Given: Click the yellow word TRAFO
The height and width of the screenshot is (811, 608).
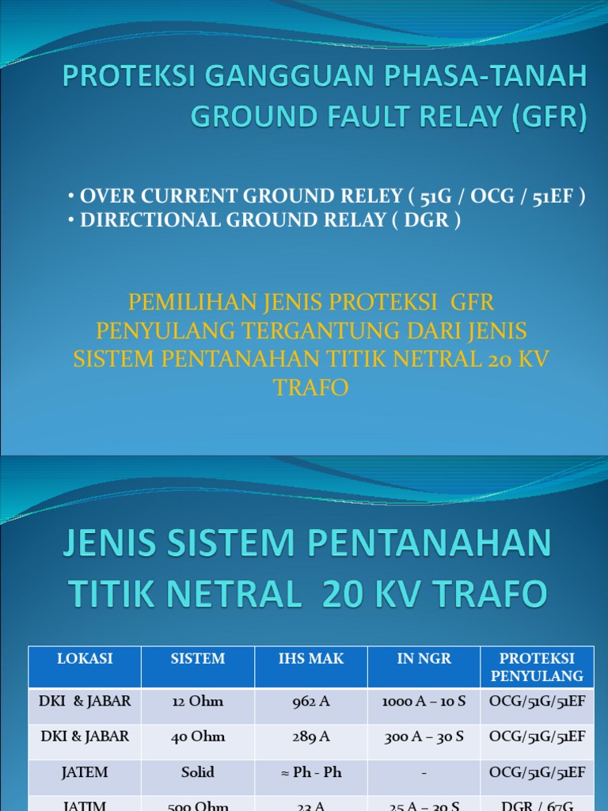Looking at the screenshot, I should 310,388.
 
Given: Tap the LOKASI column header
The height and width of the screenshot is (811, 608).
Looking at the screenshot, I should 85,658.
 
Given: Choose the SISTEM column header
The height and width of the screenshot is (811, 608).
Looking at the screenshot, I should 198,658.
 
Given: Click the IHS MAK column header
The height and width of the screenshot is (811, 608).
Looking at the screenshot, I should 311,658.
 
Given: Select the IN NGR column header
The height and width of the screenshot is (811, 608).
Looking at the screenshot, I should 424,658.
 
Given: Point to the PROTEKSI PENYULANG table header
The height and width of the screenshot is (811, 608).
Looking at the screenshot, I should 537,667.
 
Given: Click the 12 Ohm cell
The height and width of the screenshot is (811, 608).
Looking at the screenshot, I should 198,701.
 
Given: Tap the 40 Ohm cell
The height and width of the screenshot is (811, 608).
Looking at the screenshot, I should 198,737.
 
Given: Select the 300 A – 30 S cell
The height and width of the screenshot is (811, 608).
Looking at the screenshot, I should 424,737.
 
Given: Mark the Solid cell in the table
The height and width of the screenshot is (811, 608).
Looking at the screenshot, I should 198,772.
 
